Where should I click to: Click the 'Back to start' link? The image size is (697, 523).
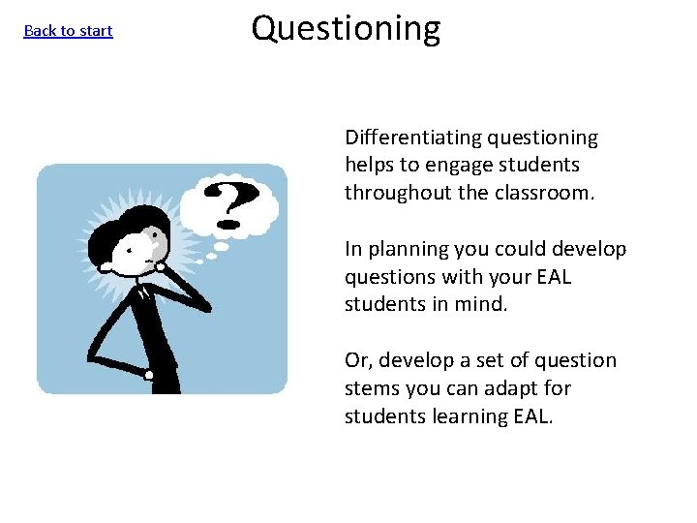click(68, 31)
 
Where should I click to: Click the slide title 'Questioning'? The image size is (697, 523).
click(346, 29)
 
